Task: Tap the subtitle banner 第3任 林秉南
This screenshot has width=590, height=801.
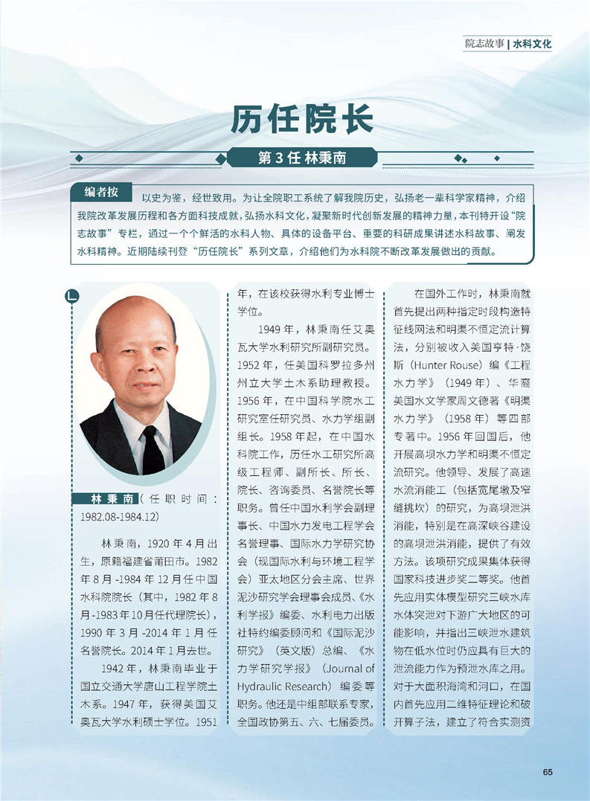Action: point(301,158)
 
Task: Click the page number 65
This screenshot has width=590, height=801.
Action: point(548,771)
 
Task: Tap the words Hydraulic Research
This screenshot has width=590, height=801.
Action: point(275,686)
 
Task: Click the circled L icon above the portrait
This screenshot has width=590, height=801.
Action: point(71,296)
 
